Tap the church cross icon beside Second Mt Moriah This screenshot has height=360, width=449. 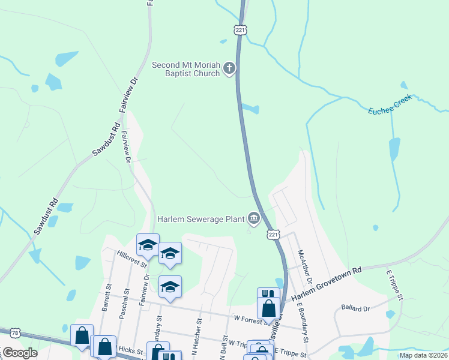229,69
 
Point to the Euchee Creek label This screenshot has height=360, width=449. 390,104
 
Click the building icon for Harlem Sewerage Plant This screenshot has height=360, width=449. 254,219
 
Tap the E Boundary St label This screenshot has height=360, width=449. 303,320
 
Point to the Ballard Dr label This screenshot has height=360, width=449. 355,308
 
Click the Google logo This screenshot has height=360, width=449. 20,353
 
